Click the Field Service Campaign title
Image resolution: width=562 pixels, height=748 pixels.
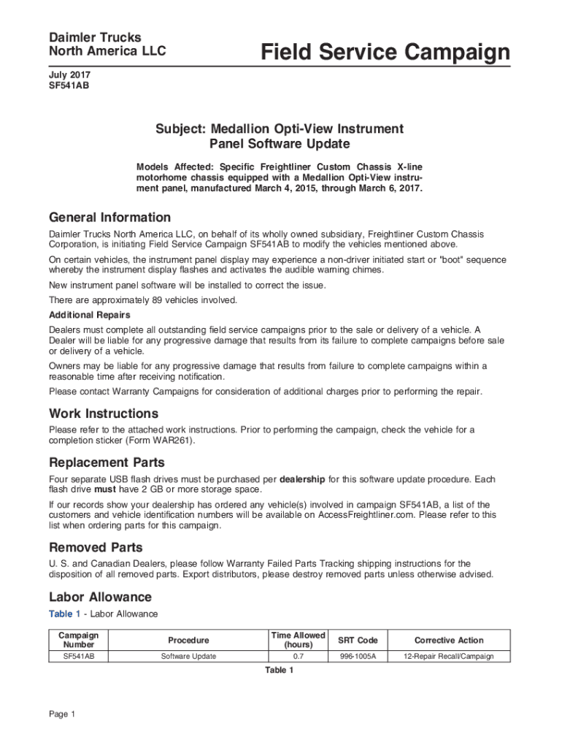385,53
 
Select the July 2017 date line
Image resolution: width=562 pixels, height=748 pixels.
70,75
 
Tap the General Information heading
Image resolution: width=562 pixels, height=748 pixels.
109,217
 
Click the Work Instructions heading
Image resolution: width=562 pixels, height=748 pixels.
103,413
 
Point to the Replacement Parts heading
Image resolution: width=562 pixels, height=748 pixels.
107,462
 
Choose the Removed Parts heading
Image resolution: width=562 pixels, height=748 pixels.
96,547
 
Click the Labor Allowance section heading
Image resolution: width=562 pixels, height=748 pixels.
100,597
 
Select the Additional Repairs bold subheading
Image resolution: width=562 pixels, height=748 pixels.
90,315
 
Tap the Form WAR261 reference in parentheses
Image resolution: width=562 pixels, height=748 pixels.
164,441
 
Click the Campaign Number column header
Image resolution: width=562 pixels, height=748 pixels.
78,640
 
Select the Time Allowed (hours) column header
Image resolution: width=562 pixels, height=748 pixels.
298,640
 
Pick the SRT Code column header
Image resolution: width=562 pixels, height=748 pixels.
358,640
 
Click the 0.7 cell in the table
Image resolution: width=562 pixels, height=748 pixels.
298,656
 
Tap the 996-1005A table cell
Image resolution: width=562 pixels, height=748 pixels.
358,656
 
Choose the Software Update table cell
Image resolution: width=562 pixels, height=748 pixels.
188,656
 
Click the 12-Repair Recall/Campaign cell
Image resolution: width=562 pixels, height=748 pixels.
449,656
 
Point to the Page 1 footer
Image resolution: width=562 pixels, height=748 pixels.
62,714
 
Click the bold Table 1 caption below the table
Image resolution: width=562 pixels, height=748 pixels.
280,670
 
